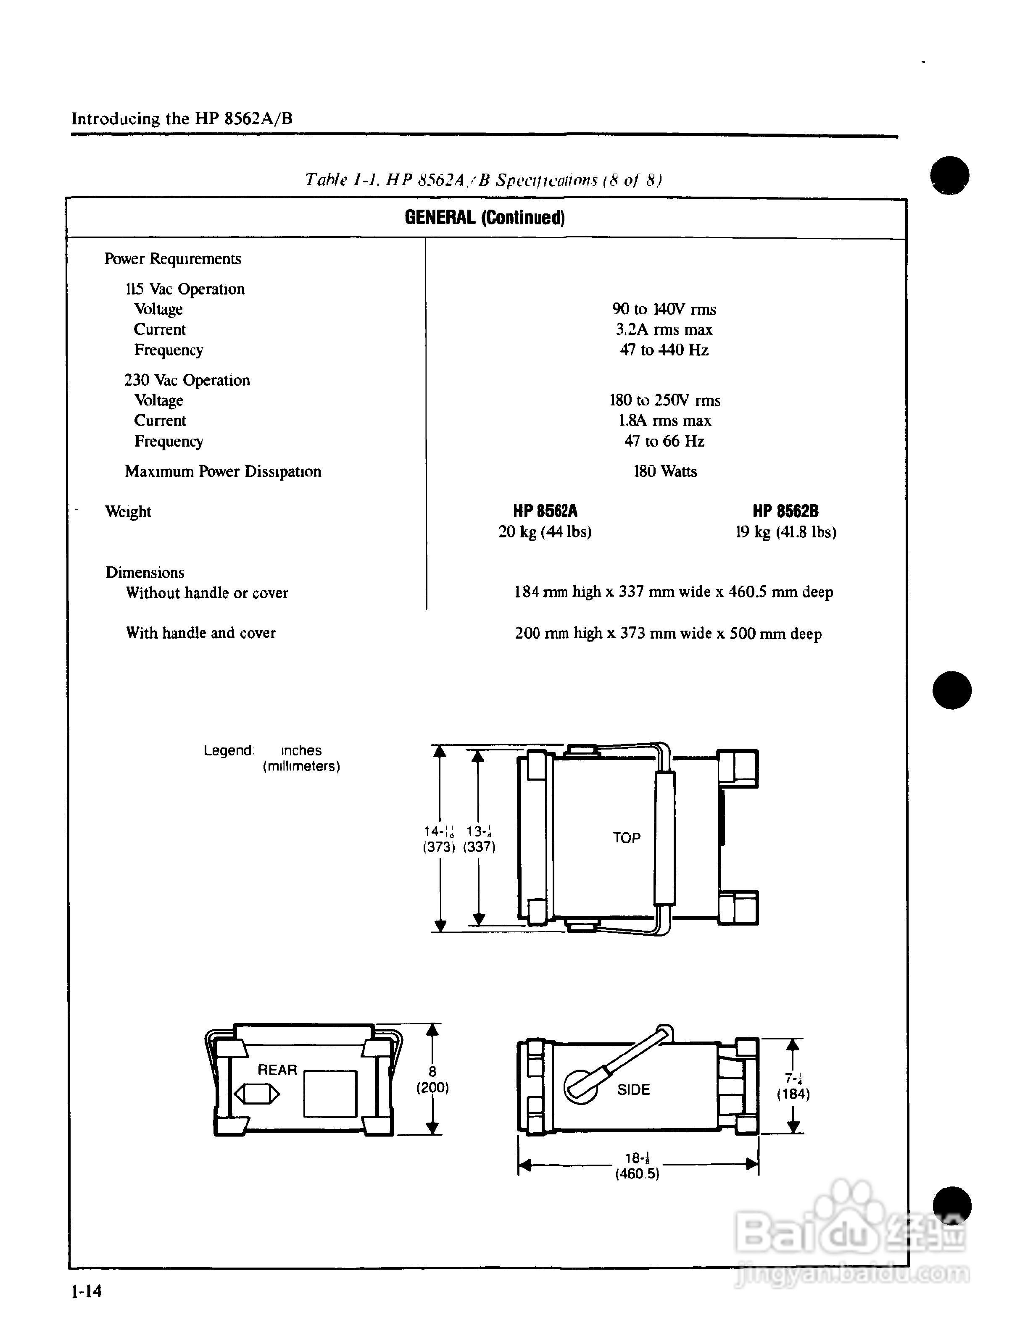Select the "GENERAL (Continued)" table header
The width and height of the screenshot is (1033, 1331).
click(485, 218)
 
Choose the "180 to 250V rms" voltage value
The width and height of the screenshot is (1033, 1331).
click(664, 400)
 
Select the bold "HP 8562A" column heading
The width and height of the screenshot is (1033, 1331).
click(545, 511)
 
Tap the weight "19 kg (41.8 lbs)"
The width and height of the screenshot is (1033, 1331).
click(785, 532)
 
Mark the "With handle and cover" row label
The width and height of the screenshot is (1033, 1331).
click(200, 633)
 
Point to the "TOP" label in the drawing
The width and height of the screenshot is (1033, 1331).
click(627, 838)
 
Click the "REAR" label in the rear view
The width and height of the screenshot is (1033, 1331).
click(277, 1070)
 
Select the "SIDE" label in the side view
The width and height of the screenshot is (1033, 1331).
click(633, 1090)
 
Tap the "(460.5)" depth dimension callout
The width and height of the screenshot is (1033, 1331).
click(637, 1174)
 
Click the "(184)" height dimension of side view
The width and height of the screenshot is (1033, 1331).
click(793, 1094)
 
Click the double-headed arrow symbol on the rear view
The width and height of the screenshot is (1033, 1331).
click(257, 1094)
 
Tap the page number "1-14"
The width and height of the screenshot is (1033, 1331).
click(87, 1291)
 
